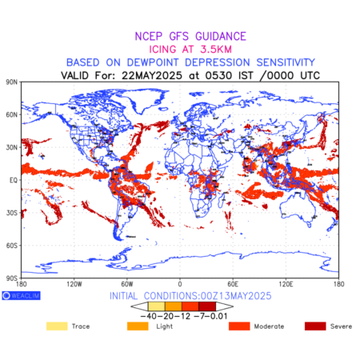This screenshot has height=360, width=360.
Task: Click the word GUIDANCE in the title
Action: click(221, 36)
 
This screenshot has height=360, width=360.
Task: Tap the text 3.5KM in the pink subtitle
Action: click(216, 50)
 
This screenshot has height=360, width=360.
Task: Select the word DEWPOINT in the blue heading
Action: click(153, 62)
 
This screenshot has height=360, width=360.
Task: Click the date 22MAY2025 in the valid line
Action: click(152, 75)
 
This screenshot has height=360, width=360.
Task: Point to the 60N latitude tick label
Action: click(11, 114)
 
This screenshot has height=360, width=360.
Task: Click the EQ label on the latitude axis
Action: click(14, 180)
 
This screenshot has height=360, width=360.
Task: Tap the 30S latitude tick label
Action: click(12, 213)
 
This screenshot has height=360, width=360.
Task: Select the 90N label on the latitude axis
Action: click(11, 82)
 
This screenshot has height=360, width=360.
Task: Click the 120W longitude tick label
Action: click(74, 284)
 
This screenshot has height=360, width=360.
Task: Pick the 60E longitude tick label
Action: click(233, 284)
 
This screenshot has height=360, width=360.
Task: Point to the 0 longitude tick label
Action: click(180, 284)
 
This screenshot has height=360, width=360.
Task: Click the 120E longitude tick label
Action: click(286, 284)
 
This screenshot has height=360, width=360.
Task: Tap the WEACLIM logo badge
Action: click(21, 295)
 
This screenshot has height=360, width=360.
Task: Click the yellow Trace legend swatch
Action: click(57, 326)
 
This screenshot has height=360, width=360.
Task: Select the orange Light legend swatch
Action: click(138, 326)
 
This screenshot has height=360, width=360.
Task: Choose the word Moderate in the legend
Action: click(269, 326)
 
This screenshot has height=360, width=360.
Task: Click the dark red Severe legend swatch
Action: click(315, 326)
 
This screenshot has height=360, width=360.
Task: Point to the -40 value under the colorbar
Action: click(149, 316)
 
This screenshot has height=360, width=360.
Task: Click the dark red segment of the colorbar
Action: click(207, 306)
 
